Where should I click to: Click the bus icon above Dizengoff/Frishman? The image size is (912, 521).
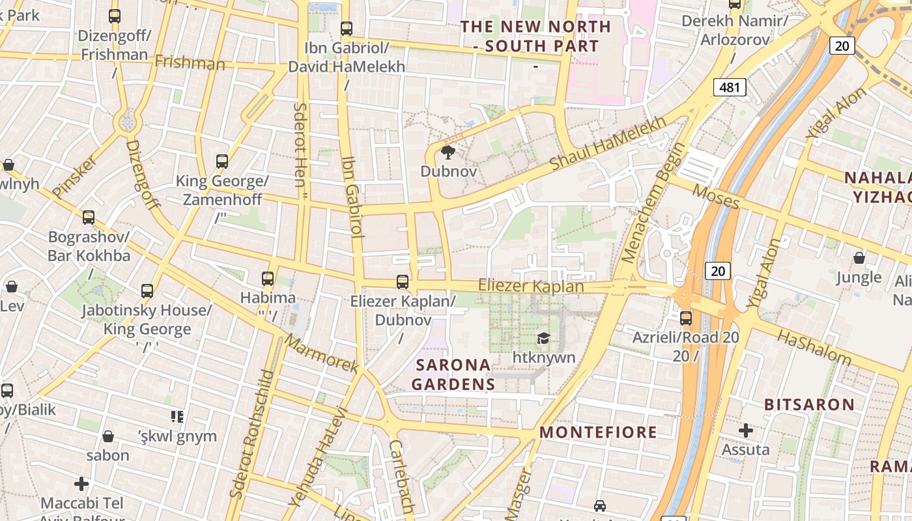(115, 16)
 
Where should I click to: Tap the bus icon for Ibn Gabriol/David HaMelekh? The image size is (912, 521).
(347, 29)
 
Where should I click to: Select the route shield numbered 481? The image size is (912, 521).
(729, 87)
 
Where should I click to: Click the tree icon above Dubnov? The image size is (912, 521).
(448, 153)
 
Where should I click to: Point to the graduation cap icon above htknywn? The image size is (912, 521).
(543, 337)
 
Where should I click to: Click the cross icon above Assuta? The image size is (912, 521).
(746, 430)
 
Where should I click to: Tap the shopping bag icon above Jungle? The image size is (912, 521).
(859, 259)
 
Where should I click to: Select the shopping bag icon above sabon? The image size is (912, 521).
(108, 436)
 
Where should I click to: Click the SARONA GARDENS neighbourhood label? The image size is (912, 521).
(453, 374)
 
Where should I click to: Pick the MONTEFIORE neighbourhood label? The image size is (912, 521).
(598, 432)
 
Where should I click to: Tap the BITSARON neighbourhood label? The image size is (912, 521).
(809, 404)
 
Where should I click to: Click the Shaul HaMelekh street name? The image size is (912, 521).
(608, 145)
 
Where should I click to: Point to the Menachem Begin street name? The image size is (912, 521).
(653, 203)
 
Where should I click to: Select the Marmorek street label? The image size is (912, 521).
(322, 355)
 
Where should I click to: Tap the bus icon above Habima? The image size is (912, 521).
(267, 279)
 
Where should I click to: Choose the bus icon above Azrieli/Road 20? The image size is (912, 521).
(686, 318)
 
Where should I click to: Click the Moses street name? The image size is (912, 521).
(716, 197)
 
